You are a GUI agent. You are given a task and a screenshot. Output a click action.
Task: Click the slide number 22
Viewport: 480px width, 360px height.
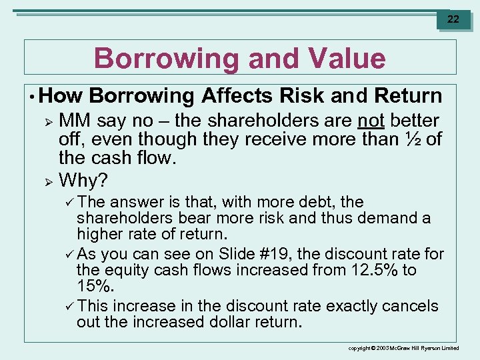(453, 19)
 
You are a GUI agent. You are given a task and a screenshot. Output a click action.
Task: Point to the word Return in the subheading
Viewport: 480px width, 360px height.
(408, 96)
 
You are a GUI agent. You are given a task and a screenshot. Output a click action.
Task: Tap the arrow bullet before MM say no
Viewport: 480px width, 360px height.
(47, 121)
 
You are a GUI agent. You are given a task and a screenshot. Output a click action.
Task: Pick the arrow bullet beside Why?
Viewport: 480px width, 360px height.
(47, 181)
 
